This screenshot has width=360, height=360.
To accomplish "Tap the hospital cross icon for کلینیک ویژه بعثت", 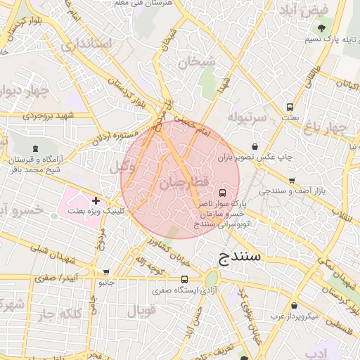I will (x=96, y=200).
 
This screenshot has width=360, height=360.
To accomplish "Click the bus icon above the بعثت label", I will (x=290, y=108).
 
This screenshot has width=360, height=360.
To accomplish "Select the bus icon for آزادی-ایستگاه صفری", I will (x=184, y=279).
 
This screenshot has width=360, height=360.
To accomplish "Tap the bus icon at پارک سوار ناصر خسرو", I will (x=223, y=192).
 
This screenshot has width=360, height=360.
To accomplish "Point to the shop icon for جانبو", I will (x=106, y=272).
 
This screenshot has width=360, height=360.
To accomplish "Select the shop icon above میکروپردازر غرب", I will (x=293, y=306).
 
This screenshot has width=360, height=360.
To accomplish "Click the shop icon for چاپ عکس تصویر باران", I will (x=253, y=147).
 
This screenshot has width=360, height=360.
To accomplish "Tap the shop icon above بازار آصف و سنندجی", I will (x=292, y=180).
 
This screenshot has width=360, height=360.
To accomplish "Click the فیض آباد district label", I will (x=314, y=11).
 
